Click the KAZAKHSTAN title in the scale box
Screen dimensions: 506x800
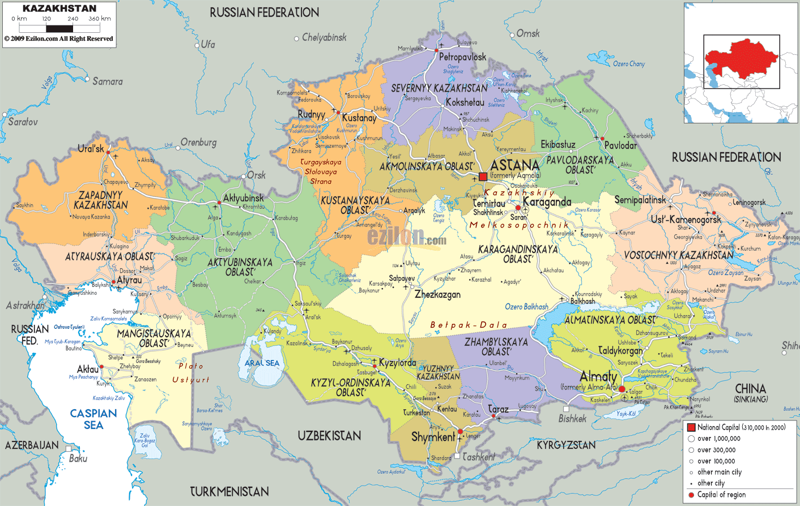tap(59, 8)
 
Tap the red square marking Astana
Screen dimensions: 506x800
tap(483, 177)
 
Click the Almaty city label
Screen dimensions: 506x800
tap(598, 376)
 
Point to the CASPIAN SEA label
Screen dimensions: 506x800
tap(93, 419)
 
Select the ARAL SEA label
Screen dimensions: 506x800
tap(262, 363)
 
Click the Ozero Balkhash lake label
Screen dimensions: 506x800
tap(526, 307)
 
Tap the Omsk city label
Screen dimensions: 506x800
tap(528, 34)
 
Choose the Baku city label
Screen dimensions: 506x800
tap(78, 458)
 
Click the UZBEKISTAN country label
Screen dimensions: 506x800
tap(329, 435)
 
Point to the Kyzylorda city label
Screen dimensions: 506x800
tap(397, 362)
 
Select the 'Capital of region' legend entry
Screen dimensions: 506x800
tap(721, 495)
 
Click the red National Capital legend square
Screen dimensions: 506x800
tap(691, 427)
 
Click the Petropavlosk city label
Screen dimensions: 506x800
tap(462, 57)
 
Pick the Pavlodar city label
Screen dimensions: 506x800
tap(620, 145)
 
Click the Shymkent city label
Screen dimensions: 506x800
tap(433, 437)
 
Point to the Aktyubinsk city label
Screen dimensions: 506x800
tap(243, 198)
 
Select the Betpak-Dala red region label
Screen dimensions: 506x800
tap(469, 325)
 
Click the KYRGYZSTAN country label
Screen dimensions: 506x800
tap(566, 445)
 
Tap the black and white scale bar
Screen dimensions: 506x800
tap(59, 28)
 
